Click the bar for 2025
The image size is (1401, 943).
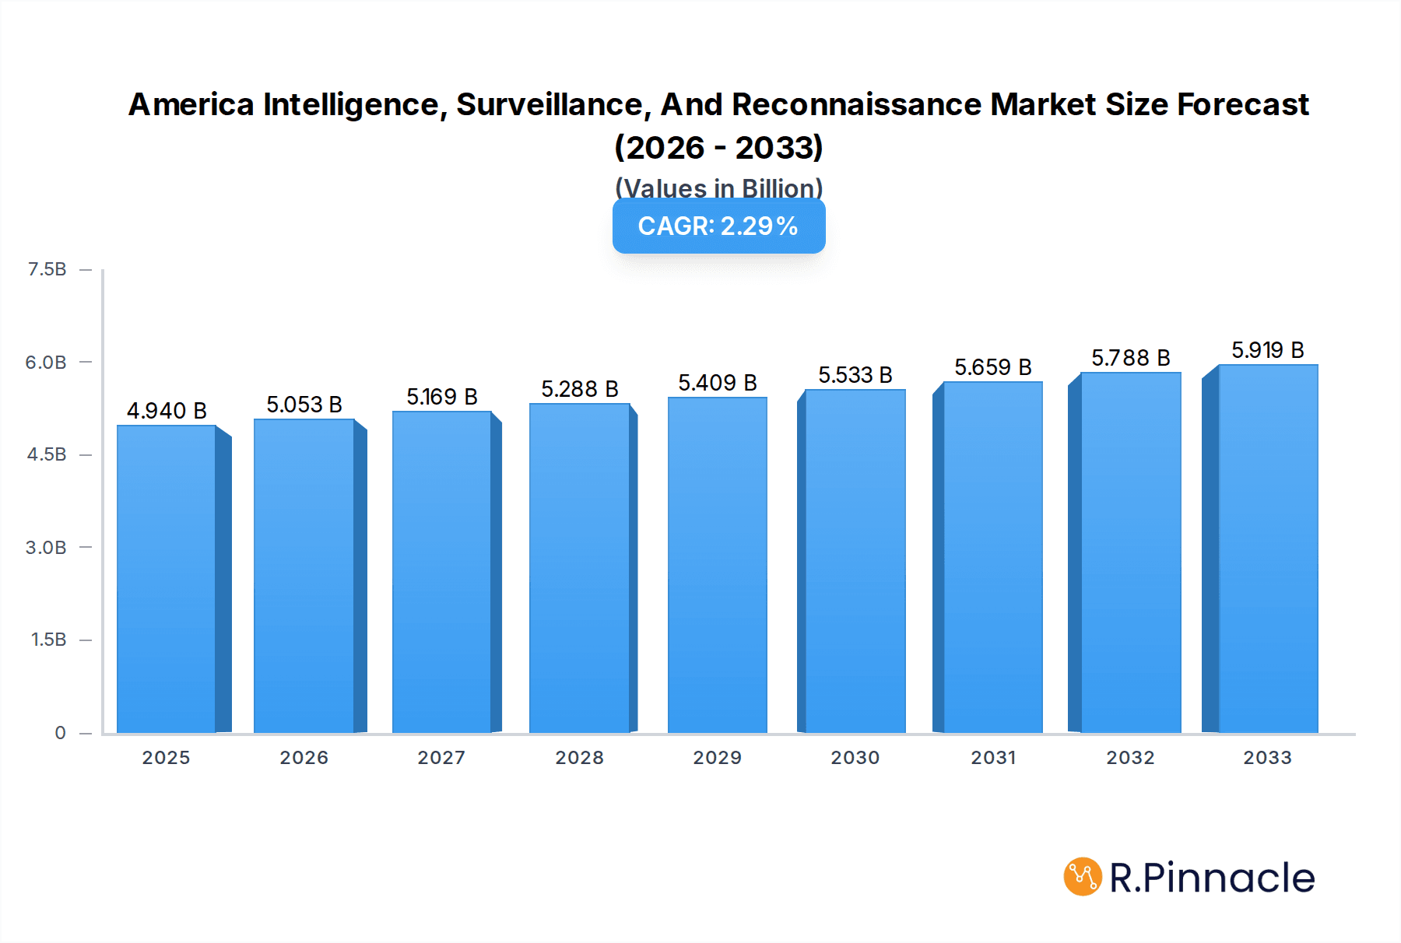[x=167, y=580]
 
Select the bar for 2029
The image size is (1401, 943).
[x=717, y=566]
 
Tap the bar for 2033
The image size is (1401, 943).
[x=1267, y=549]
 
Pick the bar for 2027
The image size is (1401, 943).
[x=442, y=573]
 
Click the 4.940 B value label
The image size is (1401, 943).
[x=167, y=411]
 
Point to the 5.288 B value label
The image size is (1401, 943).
[x=580, y=389]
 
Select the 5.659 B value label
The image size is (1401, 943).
[x=993, y=367]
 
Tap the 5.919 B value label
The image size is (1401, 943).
[x=1267, y=350]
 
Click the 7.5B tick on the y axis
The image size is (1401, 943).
[x=47, y=269]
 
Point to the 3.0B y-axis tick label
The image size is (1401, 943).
[x=46, y=548]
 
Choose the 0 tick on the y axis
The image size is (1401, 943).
[x=60, y=733]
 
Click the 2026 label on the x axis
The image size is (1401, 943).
[x=304, y=758]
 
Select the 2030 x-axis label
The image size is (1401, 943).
[x=855, y=758]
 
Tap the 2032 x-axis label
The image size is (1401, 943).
[x=1130, y=758]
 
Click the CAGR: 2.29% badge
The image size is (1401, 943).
[x=718, y=226]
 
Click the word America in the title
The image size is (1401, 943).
[x=191, y=105]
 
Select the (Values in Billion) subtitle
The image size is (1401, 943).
[x=718, y=188]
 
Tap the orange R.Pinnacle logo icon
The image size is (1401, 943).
[x=1082, y=877]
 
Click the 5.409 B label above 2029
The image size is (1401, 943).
[x=717, y=383]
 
